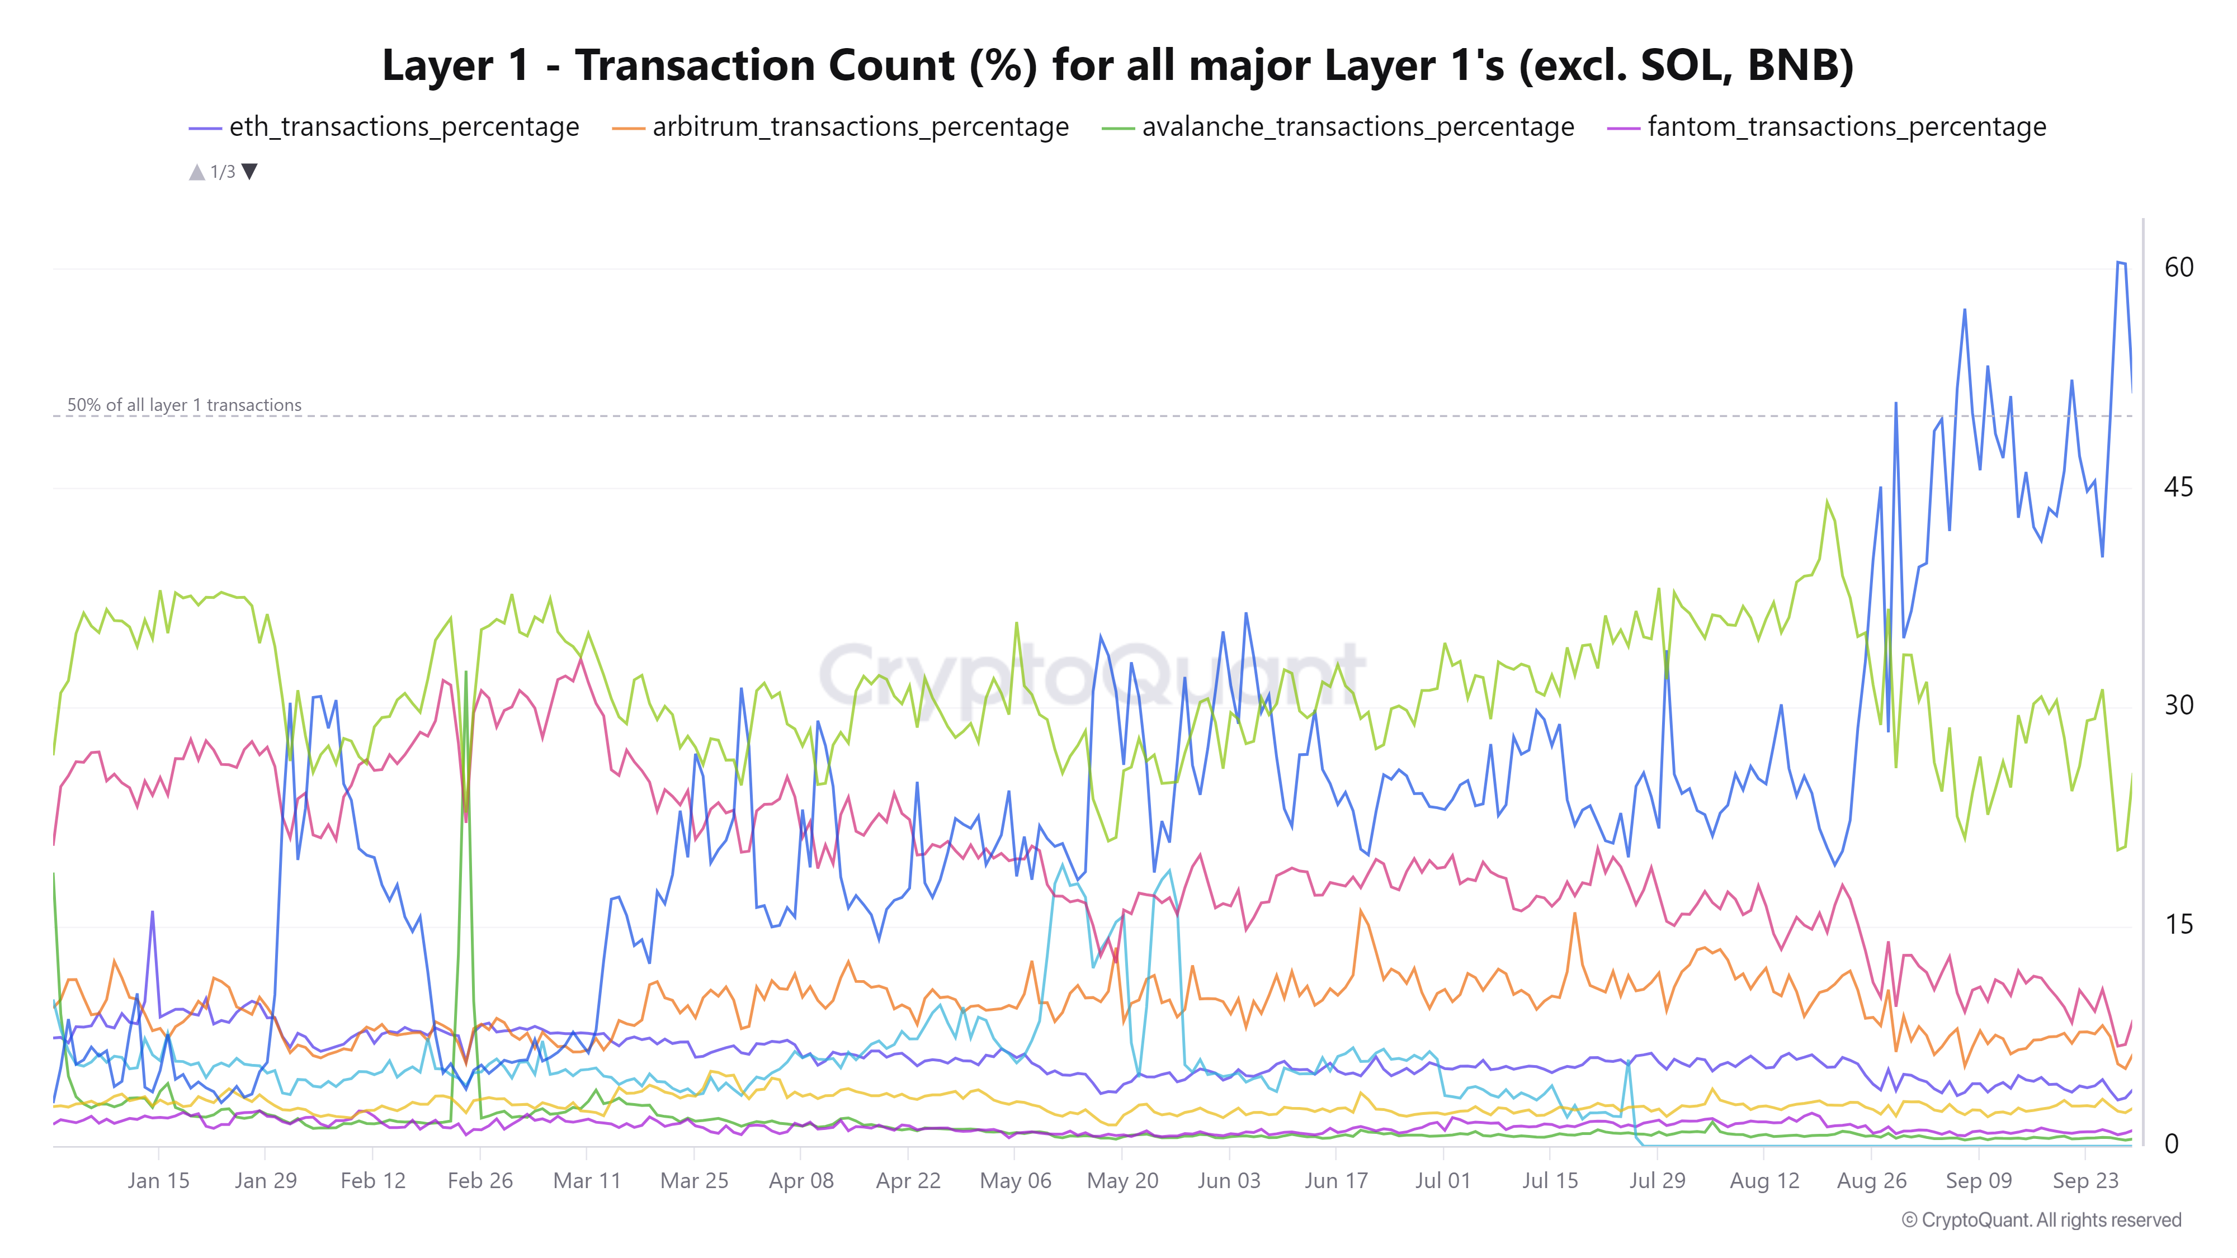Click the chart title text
click(x=1117, y=66)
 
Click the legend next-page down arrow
click(x=250, y=171)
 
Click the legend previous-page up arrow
click(x=196, y=172)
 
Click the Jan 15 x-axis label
click(x=158, y=1181)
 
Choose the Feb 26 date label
click(x=480, y=1181)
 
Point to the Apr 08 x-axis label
click(x=801, y=1181)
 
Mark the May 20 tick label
click(x=1122, y=1181)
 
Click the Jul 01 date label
click(x=1442, y=1181)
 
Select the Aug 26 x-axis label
click(x=1871, y=1181)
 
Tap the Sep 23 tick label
click(x=2085, y=1181)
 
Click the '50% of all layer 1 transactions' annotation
click(x=184, y=405)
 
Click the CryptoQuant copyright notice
click(x=2041, y=1220)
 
